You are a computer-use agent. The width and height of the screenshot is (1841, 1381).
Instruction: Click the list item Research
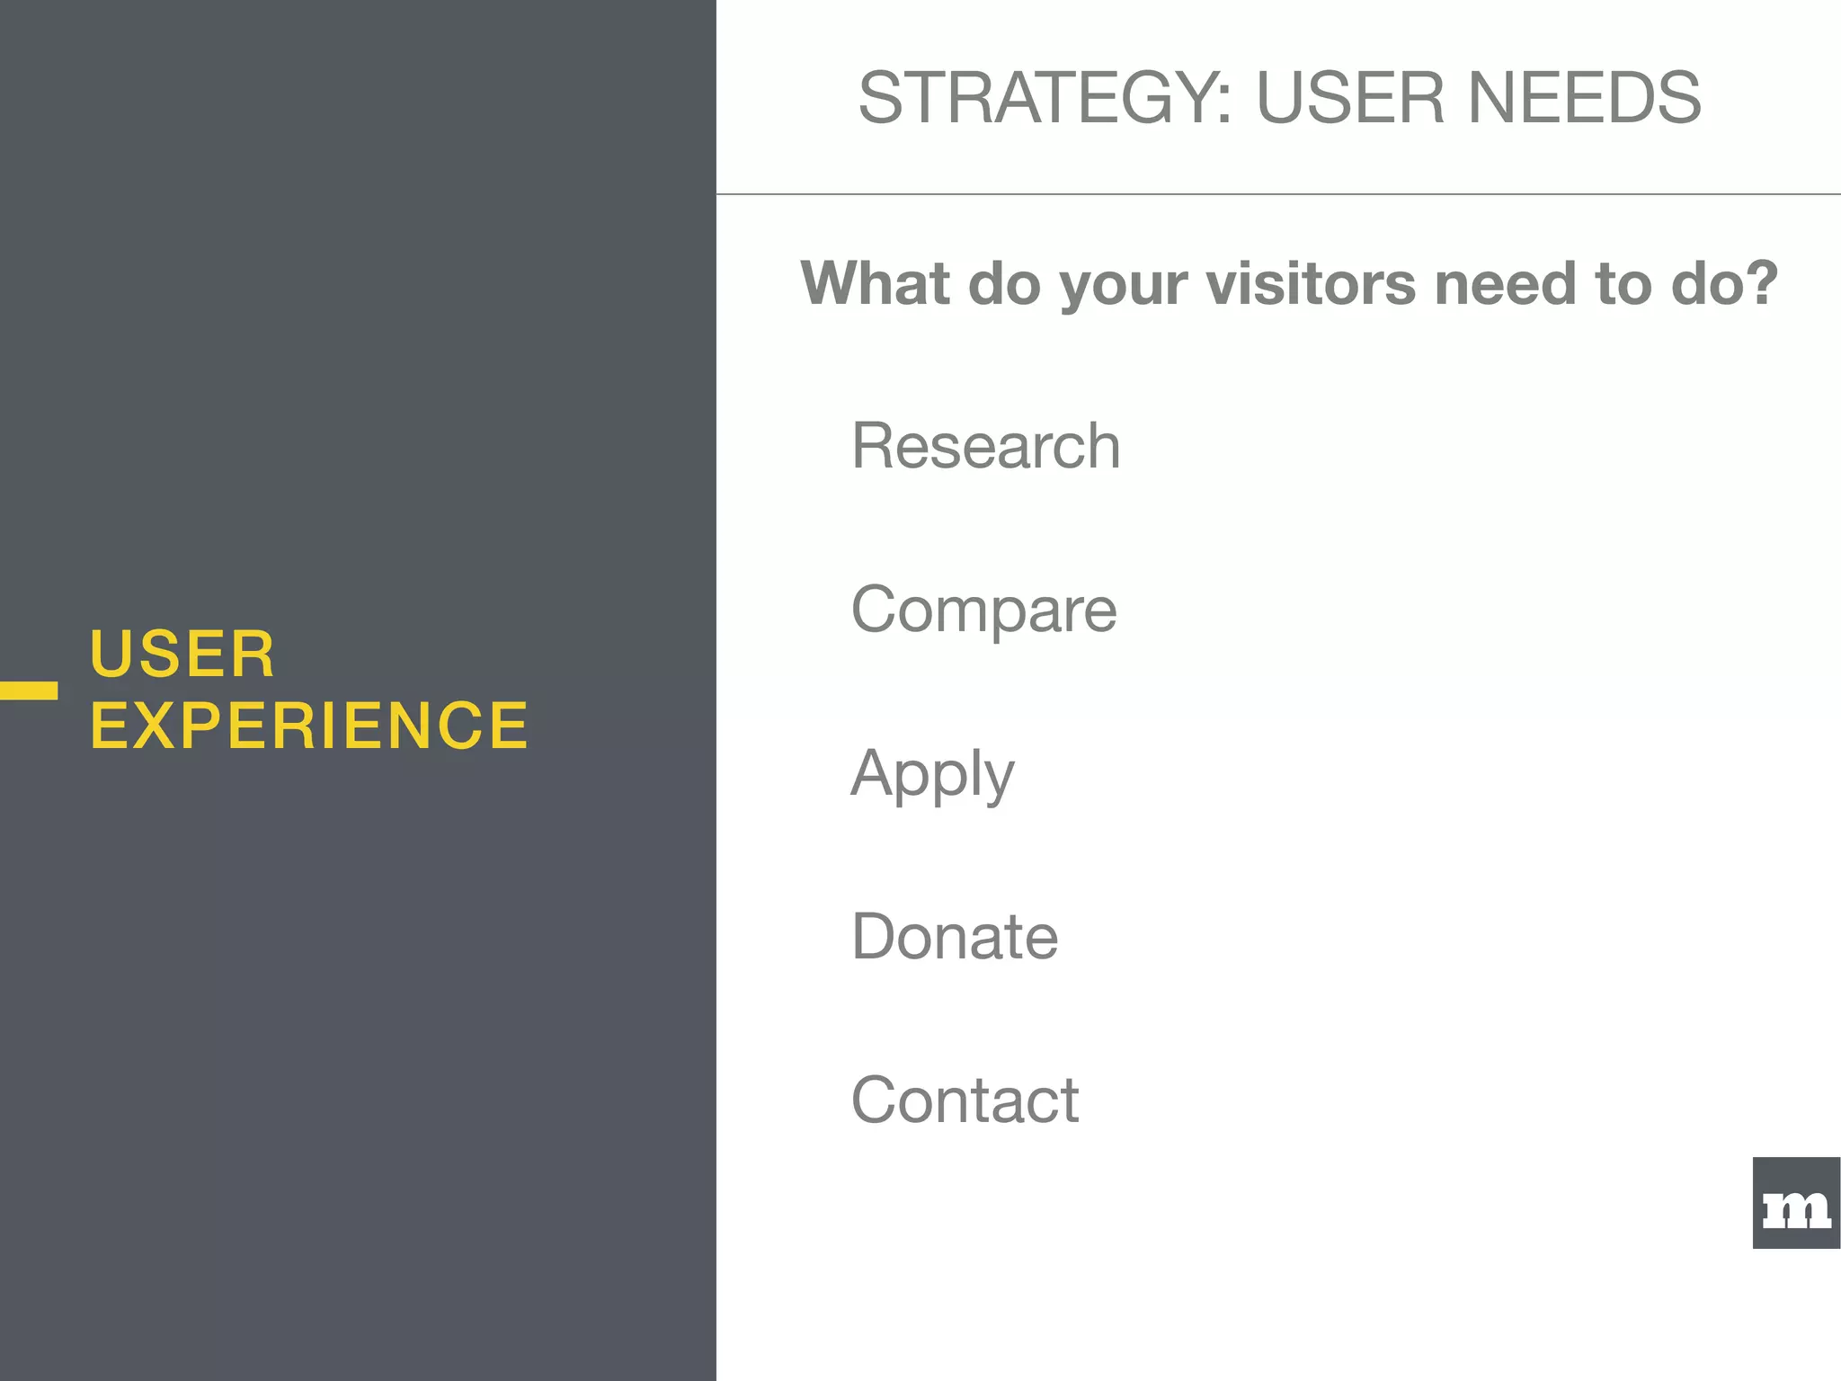(986, 446)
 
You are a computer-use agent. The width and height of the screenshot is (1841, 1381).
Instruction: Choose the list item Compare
(983, 610)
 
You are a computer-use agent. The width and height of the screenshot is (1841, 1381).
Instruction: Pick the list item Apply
(932, 774)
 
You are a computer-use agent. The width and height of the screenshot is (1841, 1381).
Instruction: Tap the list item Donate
(955, 937)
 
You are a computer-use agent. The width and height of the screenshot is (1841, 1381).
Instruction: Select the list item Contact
(965, 1100)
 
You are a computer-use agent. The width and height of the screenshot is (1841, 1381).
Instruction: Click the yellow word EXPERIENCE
(309, 726)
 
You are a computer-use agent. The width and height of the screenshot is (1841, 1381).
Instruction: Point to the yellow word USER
(182, 654)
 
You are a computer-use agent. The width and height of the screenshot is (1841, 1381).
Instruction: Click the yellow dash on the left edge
(29, 690)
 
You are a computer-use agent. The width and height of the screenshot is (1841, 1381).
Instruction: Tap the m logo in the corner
(1796, 1203)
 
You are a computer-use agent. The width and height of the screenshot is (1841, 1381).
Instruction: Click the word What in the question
(876, 283)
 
